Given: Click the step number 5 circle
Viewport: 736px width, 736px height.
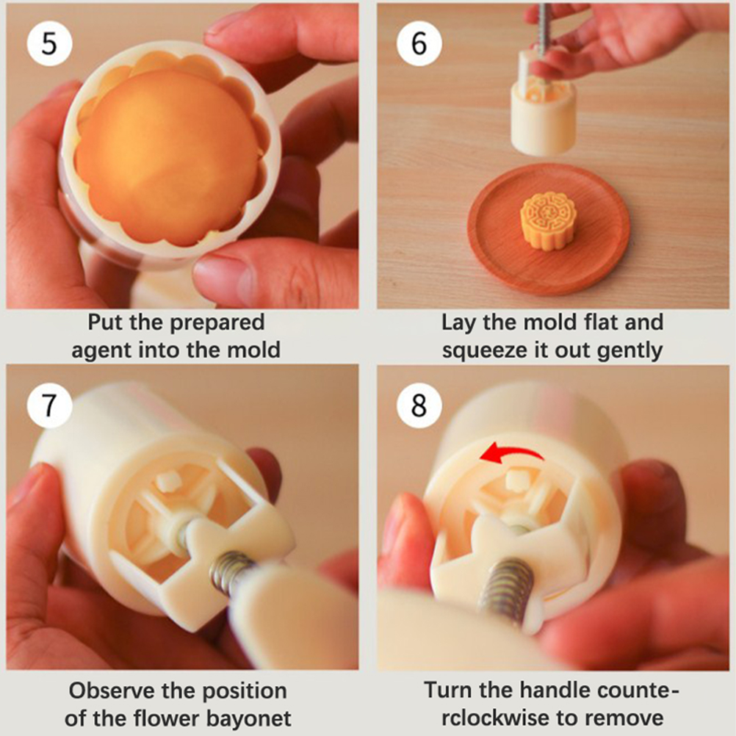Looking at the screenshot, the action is point(49,43).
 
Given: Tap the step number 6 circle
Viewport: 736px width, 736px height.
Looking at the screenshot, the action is point(419,43).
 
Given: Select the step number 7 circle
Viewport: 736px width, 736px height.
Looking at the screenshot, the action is point(49,405).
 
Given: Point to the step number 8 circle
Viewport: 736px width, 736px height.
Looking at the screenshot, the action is point(419,405).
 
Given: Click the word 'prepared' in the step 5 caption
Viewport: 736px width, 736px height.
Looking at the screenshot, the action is point(217,323).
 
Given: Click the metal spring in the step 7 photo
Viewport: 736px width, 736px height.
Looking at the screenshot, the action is point(231,574).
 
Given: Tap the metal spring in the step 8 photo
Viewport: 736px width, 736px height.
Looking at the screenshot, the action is point(507,587).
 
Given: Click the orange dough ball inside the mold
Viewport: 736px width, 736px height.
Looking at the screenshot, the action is point(167,156).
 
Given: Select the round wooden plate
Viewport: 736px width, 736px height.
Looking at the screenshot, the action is point(549,229).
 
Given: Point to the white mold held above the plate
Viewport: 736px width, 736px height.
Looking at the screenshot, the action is point(543,112).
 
